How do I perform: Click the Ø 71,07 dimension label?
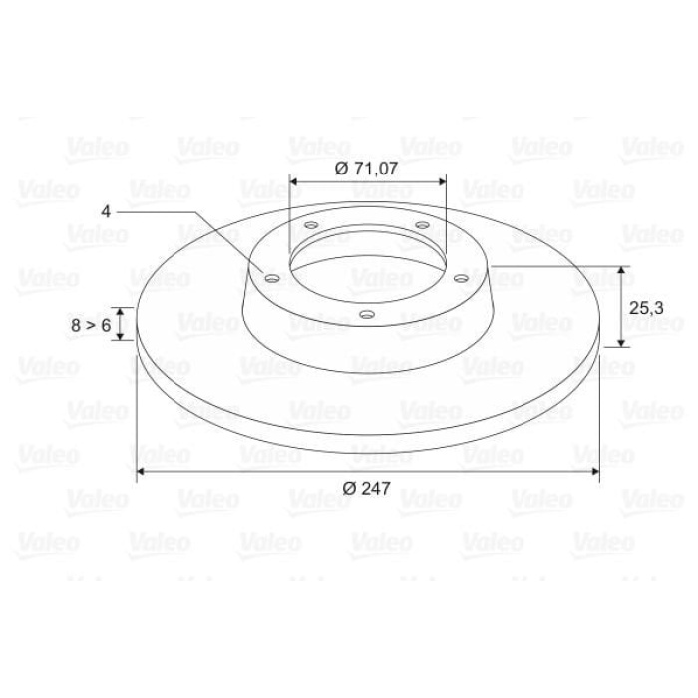tap(366, 169)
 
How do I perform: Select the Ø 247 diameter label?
tap(366, 488)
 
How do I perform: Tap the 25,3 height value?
tap(646, 307)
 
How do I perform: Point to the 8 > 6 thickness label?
tap(91, 325)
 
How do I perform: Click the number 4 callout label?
tap(106, 211)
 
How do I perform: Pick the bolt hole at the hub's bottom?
tap(366, 315)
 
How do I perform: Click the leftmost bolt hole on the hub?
tap(272, 278)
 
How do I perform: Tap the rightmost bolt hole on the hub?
tap(461, 278)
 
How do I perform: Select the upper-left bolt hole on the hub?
tap(311, 225)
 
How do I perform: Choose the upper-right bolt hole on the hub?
tap(422, 225)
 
